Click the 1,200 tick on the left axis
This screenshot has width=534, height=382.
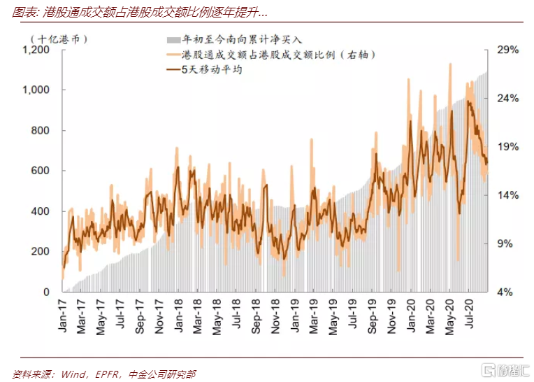(x=36, y=50)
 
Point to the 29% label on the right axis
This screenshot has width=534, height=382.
(x=507, y=50)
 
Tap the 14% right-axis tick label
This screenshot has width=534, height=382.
(x=507, y=195)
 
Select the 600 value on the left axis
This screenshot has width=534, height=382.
(x=40, y=171)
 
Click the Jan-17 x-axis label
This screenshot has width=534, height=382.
(x=62, y=316)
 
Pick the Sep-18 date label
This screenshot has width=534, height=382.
(x=256, y=316)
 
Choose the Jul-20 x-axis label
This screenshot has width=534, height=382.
(x=469, y=314)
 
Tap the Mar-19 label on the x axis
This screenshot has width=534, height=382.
(x=314, y=316)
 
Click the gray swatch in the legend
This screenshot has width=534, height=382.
(x=173, y=40)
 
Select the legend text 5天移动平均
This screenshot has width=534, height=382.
(x=212, y=70)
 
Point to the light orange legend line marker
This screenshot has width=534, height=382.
(x=173, y=55)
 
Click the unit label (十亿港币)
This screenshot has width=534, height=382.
(x=59, y=39)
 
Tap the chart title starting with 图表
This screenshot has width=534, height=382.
(x=140, y=13)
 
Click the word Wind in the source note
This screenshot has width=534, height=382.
(x=73, y=374)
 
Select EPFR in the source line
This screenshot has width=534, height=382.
(x=107, y=374)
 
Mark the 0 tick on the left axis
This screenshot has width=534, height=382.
(x=46, y=292)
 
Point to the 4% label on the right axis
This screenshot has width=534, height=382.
(x=505, y=292)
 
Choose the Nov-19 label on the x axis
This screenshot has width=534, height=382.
(x=391, y=316)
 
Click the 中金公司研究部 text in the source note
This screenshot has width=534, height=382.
(x=162, y=374)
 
